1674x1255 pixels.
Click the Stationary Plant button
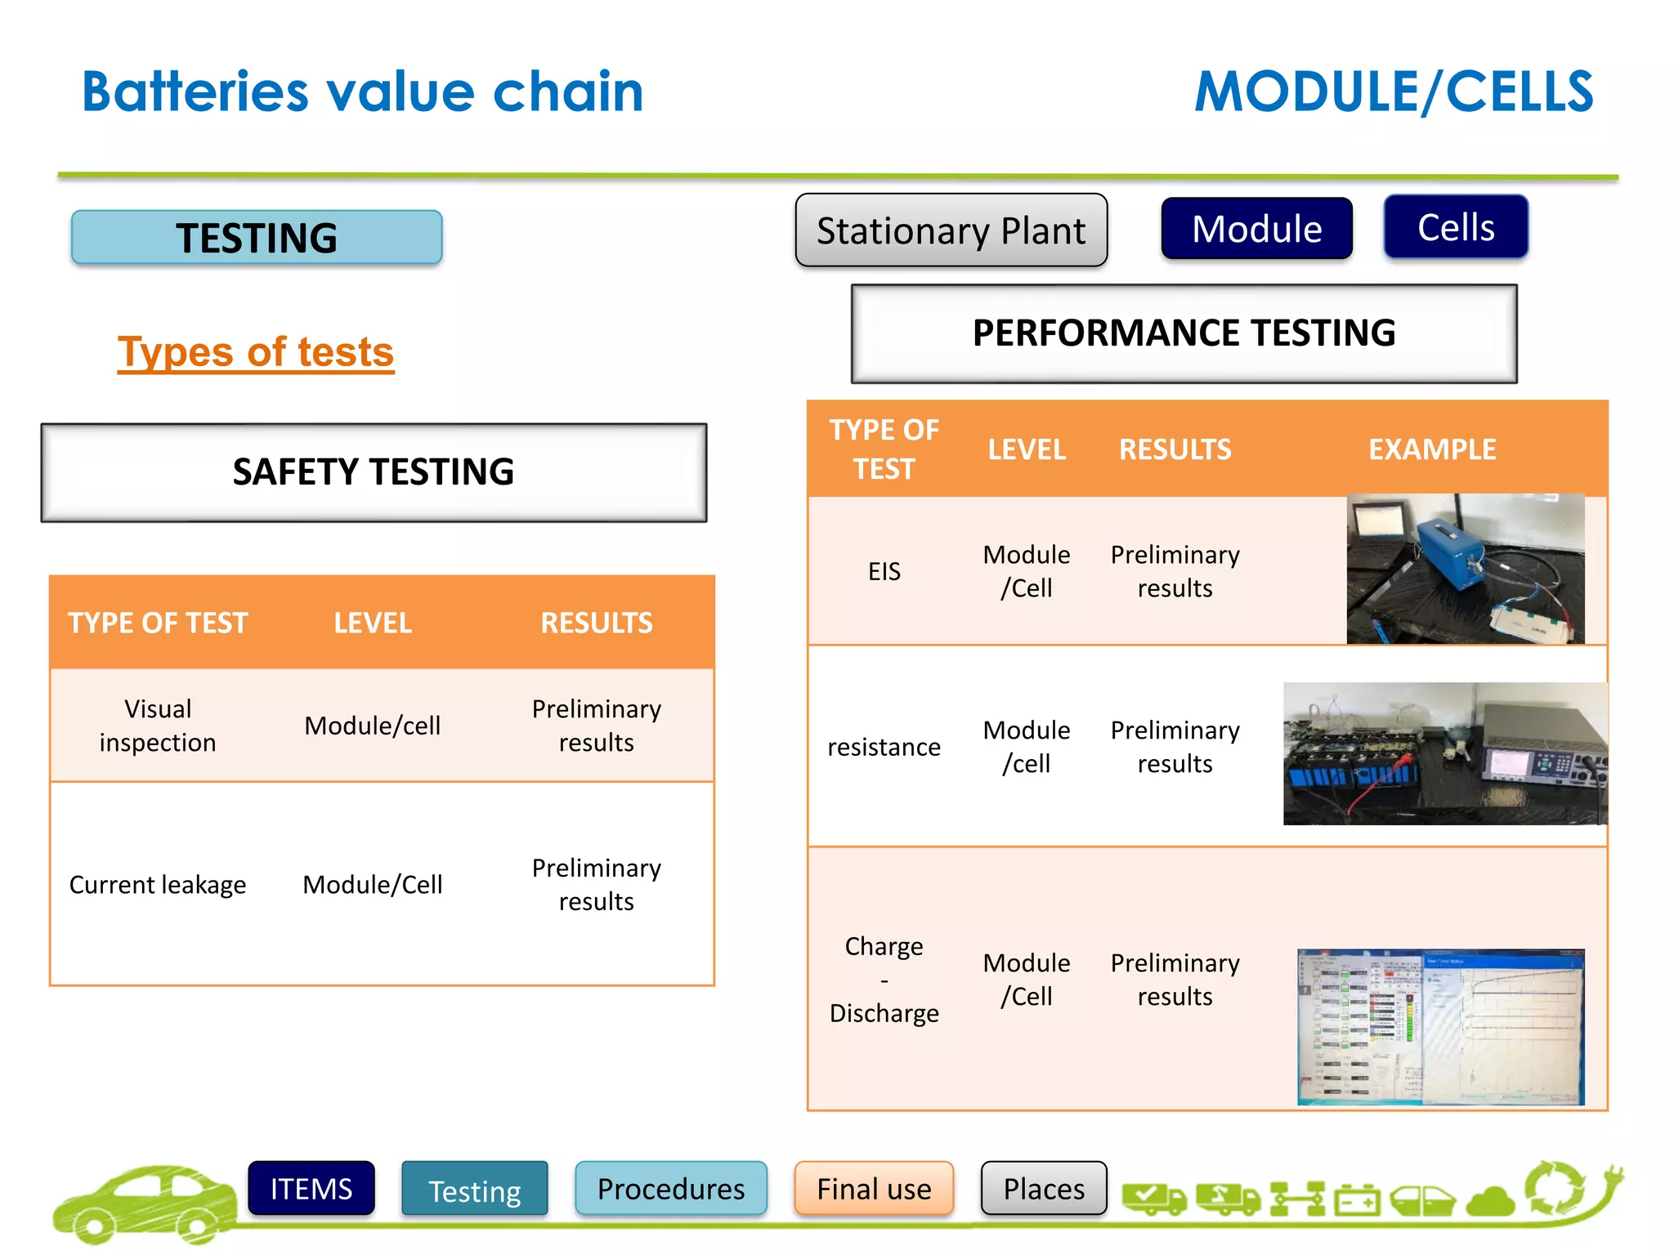pos(951,230)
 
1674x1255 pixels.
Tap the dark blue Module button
pos(1256,229)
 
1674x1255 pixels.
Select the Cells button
pos(1456,227)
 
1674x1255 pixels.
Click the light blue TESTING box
pos(257,238)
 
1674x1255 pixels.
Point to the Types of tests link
pos(256,352)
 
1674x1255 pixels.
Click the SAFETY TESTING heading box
pos(374,472)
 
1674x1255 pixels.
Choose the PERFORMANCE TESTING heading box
pos(1184,333)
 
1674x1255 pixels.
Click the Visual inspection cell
pos(158,726)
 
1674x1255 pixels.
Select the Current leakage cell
pos(158,885)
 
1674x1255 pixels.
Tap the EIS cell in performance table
pos(884,571)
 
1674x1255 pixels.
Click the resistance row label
pos(884,747)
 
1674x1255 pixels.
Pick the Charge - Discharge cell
pos(884,979)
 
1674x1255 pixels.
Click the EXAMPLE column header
pos(1432,449)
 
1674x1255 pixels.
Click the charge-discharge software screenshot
pos(1440,1027)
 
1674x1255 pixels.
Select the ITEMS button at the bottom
pos(311,1189)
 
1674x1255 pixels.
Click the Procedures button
pos(671,1189)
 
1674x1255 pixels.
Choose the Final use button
pos(874,1189)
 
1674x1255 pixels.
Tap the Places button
pos(1044,1189)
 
